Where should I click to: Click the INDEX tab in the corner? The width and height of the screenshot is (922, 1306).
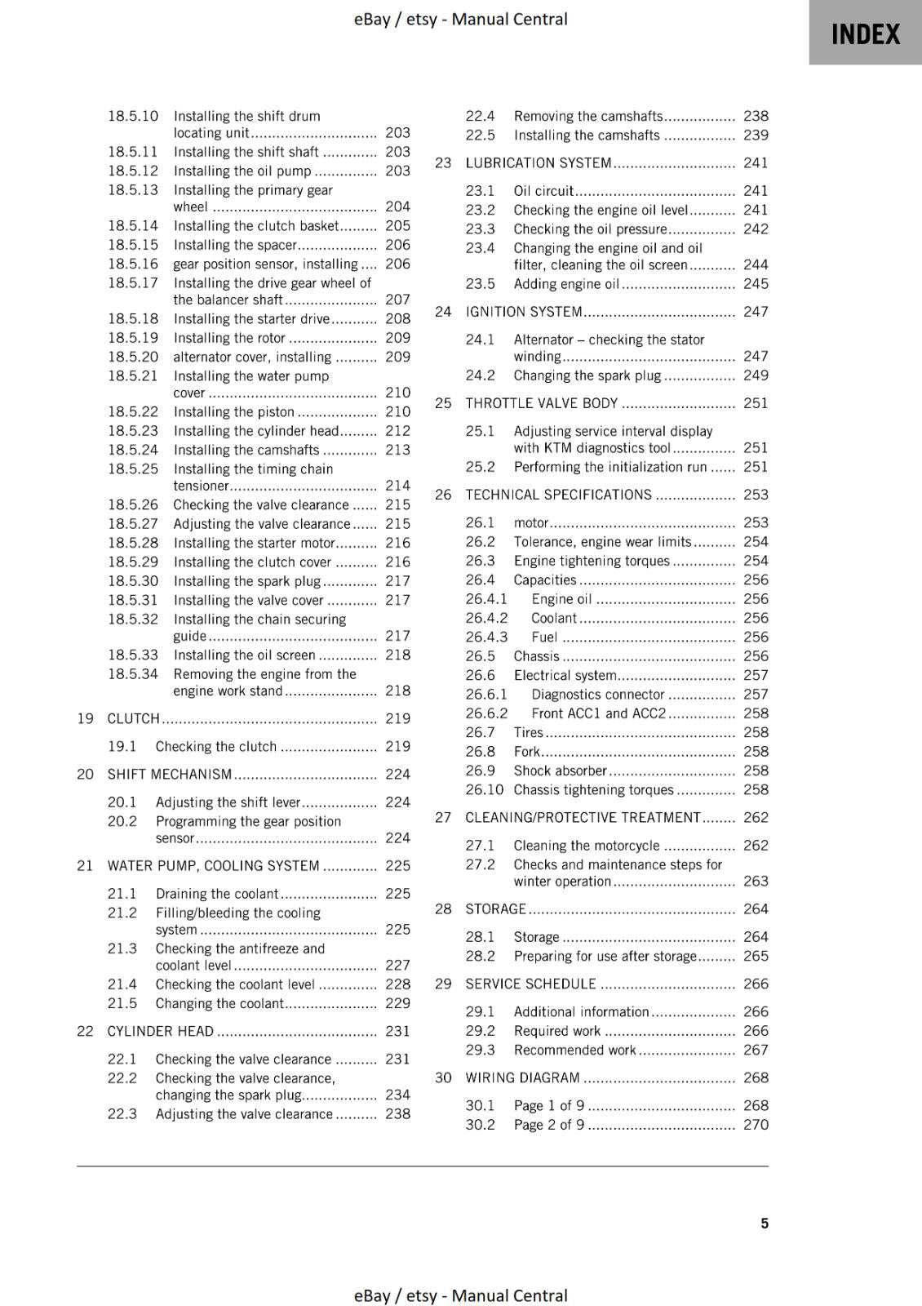[865, 34]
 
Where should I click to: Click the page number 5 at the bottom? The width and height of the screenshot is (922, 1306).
[765, 1223]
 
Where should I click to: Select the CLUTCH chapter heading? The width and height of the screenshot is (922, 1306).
[134, 718]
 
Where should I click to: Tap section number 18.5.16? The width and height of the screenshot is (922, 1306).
[133, 264]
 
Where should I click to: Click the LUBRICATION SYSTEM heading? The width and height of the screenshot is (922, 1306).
[539, 162]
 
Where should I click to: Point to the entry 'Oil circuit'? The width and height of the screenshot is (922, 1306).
[543, 190]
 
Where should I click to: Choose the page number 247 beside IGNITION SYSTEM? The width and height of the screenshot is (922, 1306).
[756, 311]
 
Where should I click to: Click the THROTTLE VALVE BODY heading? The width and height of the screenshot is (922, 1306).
[542, 402]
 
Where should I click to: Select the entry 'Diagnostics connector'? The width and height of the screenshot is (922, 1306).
[598, 694]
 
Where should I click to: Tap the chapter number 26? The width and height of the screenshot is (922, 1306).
[443, 495]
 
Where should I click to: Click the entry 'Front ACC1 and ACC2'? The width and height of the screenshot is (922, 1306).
[599, 713]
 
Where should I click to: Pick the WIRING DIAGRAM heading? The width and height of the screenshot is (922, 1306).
[522, 1077]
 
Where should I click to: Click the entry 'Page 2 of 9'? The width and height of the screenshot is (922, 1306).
[549, 1124]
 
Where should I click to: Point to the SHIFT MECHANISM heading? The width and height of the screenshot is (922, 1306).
[170, 774]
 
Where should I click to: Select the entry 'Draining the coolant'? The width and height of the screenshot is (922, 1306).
[217, 893]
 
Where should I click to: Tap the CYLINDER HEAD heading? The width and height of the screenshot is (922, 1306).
[161, 1031]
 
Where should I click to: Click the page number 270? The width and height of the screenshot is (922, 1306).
[756, 1124]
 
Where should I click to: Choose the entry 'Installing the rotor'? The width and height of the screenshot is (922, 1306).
[229, 337]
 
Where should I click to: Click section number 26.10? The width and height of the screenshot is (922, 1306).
[485, 789]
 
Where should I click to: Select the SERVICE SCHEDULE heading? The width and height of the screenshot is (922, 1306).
[530, 984]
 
